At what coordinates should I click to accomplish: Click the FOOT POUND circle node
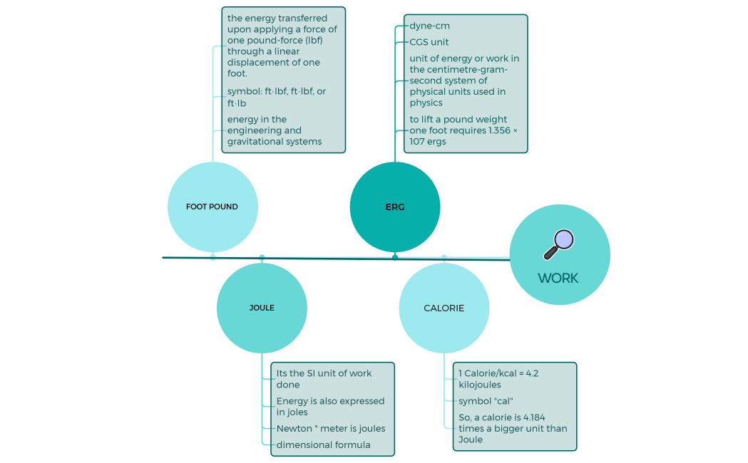pyautogui.click(x=212, y=207)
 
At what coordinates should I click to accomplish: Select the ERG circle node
pyautogui.click(x=394, y=207)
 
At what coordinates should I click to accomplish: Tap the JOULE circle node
pyautogui.click(x=262, y=308)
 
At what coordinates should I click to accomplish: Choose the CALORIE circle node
pyautogui.click(x=444, y=308)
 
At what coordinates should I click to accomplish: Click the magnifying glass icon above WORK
pyautogui.click(x=559, y=244)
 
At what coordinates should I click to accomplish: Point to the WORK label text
pyautogui.click(x=558, y=279)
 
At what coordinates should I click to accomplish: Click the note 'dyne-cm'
pyautogui.click(x=429, y=26)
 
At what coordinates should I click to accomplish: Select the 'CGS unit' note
pyautogui.click(x=429, y=42)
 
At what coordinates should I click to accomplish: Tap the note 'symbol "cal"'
pyautogui.click(x=486, y=401)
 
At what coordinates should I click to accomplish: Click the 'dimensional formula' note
pyautogui.click(x=323, y=444)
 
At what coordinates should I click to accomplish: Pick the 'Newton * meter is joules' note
pyautogui.click(x=331, y=428)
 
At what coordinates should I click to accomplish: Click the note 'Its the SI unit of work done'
pyautogui.click(x=324, y=379)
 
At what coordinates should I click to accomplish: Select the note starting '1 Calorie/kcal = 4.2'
pyautogui.click(x=498, y=379)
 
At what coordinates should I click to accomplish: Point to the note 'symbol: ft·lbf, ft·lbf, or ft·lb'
pyautogui.click(x=277, y=97)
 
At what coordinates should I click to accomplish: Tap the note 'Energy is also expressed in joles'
pyautogui.click(x=330, y=406)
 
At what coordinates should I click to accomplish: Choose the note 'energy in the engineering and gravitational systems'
pyautogui.click(x=275, y=130)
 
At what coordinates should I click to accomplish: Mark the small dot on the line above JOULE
pyautogui.click(x=262, y=257)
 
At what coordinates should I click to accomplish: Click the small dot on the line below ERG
pyautogui.click(x=395, y=257)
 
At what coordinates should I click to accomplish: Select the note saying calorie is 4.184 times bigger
pyautogui.click(x=513, y=428)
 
